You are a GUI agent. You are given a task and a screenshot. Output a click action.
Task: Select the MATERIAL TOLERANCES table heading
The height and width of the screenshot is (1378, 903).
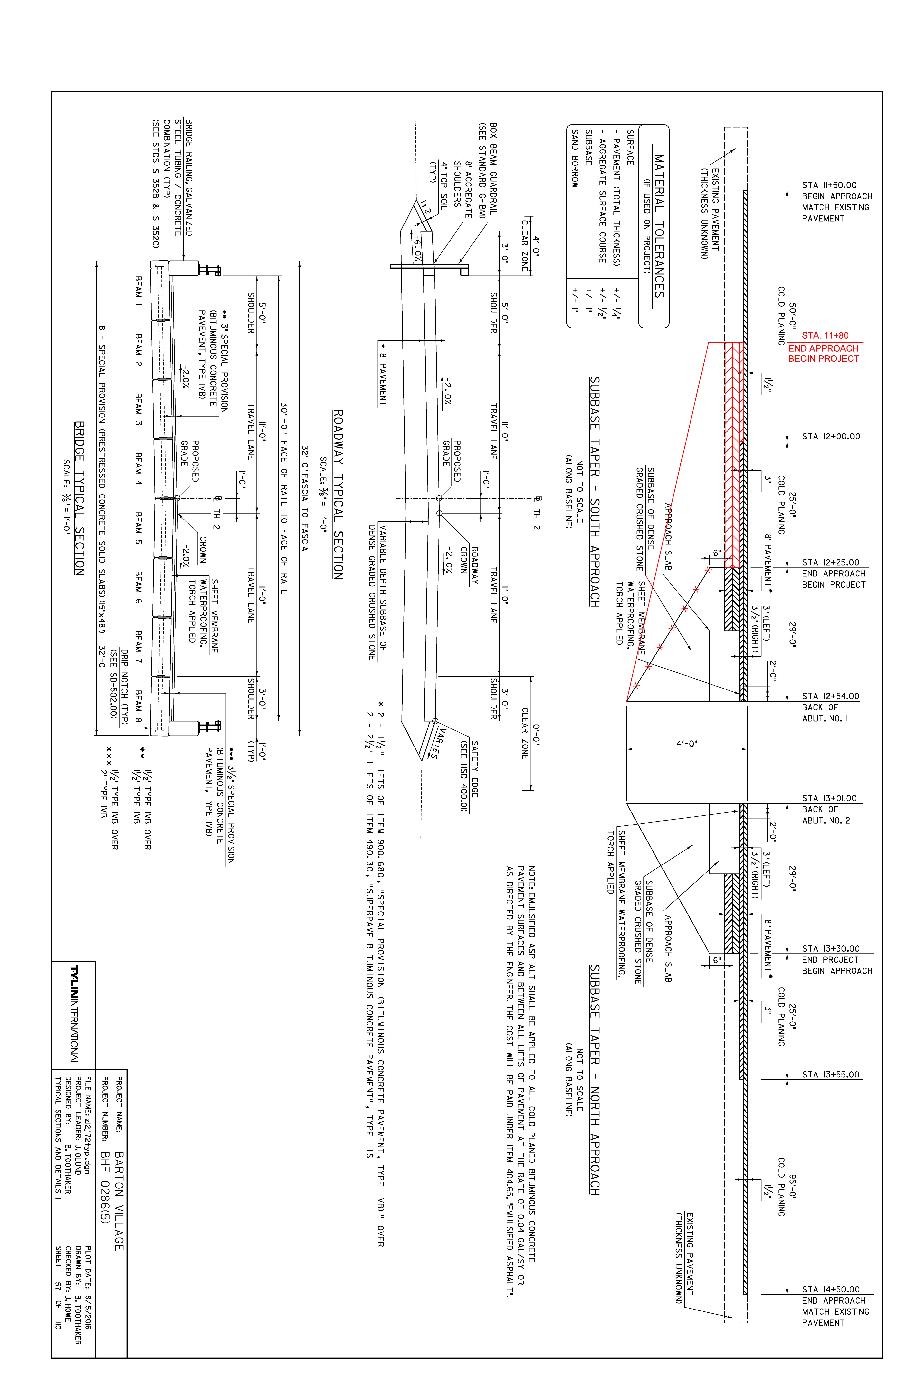point(659,226)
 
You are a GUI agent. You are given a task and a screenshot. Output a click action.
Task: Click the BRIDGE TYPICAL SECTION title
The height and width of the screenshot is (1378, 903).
point(79,498)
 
